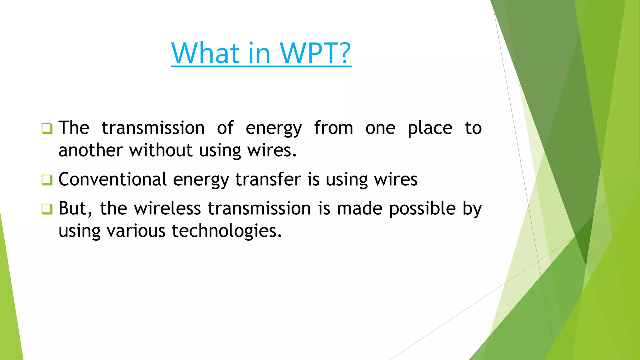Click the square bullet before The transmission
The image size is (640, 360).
[47, 128]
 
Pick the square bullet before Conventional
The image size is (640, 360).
[47, 180]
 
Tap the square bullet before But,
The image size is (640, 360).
[47, 209]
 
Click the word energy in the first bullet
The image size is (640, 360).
[273, 129]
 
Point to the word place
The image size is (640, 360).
[430, 129]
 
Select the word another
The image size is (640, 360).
[90, 150]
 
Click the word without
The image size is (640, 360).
[161, 150]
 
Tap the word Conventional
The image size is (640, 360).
[112, 179]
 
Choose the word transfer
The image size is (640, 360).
[268, 179]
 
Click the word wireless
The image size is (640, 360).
[167, 208]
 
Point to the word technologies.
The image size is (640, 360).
[227, 231]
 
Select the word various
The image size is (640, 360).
[136, 231]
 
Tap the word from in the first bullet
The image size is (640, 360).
[333, 128]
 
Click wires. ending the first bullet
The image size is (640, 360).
[272, 150]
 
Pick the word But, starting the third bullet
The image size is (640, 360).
[75, 209]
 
